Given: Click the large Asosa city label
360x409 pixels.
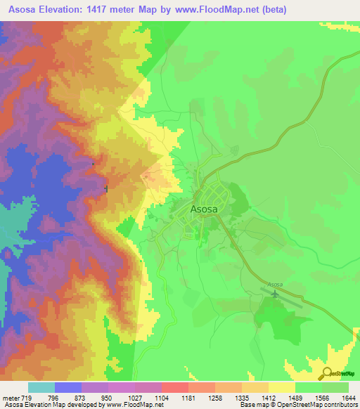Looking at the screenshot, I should [208, 208].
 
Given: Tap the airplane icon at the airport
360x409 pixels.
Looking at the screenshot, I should [274, 293].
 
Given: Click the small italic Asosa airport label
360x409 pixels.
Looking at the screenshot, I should [274, 284].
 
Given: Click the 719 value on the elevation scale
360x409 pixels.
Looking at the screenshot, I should [28, 398].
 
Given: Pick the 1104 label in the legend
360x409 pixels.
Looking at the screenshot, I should [162, 398].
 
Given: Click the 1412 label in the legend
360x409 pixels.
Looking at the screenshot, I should [269, 398].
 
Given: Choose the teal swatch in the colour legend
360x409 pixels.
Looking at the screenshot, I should [41, 387].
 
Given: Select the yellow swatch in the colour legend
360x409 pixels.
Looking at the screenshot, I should [281, 387].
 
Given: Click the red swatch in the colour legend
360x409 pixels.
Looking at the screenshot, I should [174, 387].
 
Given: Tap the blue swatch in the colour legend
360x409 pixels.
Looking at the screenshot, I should [68, 387].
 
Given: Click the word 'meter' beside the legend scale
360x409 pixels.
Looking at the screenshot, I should [11, 398].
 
